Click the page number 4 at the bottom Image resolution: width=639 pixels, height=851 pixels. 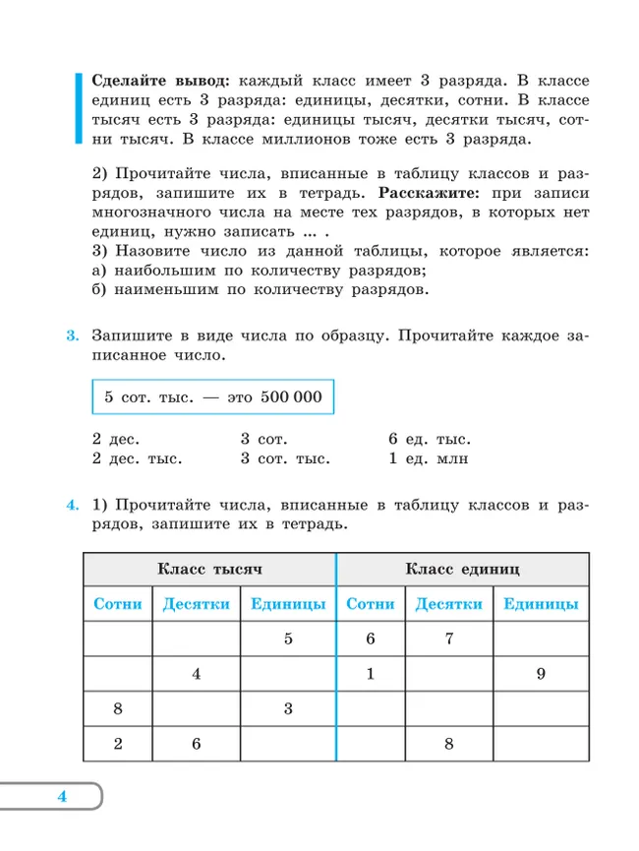pos(61,796)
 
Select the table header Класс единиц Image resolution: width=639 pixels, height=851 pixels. pos(462,569)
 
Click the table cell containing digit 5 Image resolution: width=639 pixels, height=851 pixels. pos(288,638)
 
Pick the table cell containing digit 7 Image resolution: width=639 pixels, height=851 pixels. pos(448,638)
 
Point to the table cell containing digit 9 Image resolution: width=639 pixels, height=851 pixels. pos(541,674)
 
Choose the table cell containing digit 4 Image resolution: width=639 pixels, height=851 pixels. pos(197,674)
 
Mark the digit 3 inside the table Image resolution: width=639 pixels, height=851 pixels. pos(288,708)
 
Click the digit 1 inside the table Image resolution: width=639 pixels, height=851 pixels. pos(371,674)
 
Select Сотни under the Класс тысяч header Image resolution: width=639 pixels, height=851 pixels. pos(118,604)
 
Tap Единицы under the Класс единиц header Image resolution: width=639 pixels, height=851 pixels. pos(541,604)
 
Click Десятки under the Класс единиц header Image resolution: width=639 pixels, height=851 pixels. pos(448,604)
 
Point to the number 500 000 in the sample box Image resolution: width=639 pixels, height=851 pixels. pos(292,398)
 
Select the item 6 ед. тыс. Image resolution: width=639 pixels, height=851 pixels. pos(430,439)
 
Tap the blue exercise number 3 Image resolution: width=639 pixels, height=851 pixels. pos(72,335)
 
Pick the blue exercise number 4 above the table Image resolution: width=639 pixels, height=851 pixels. pos(72,506)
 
